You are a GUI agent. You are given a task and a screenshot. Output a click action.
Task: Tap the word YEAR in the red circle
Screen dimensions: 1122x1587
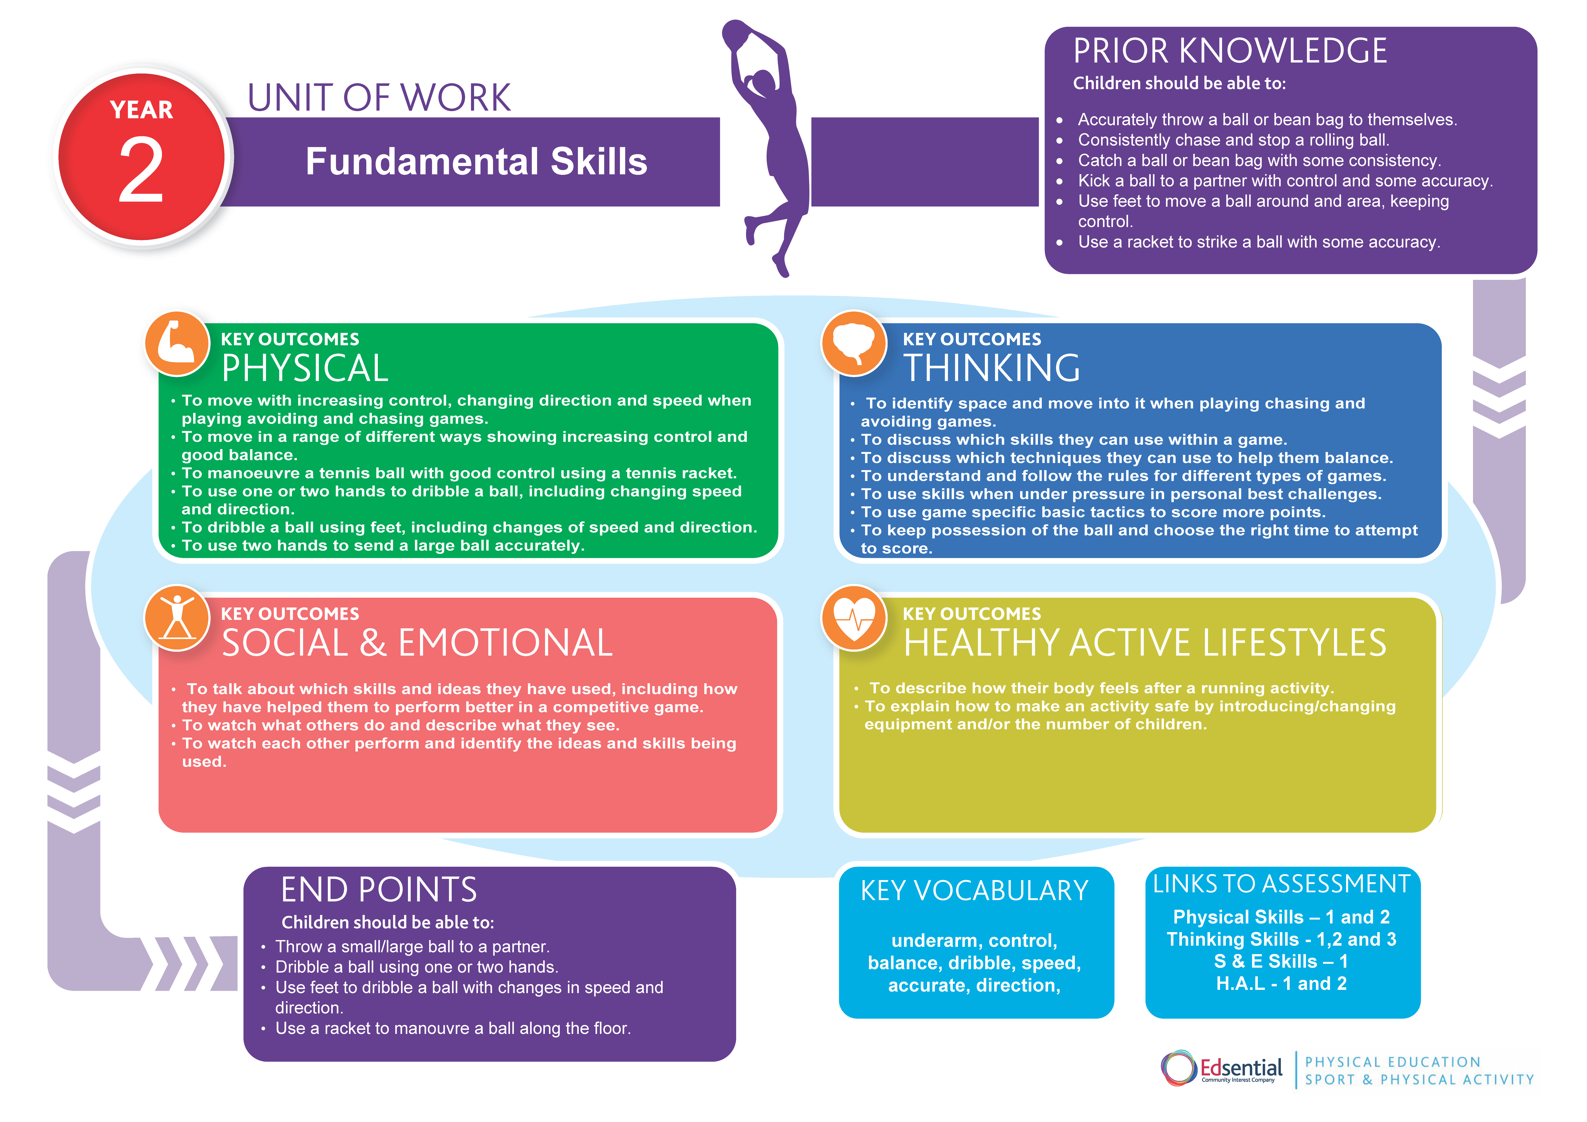coord(142,110)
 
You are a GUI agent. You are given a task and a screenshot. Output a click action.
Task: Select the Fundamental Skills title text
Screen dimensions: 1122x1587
coord(476,162)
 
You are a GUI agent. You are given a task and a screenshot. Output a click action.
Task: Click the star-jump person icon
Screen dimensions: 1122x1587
coord(177,617)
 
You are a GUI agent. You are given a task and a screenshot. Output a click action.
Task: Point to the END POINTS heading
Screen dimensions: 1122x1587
coord(379,890)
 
